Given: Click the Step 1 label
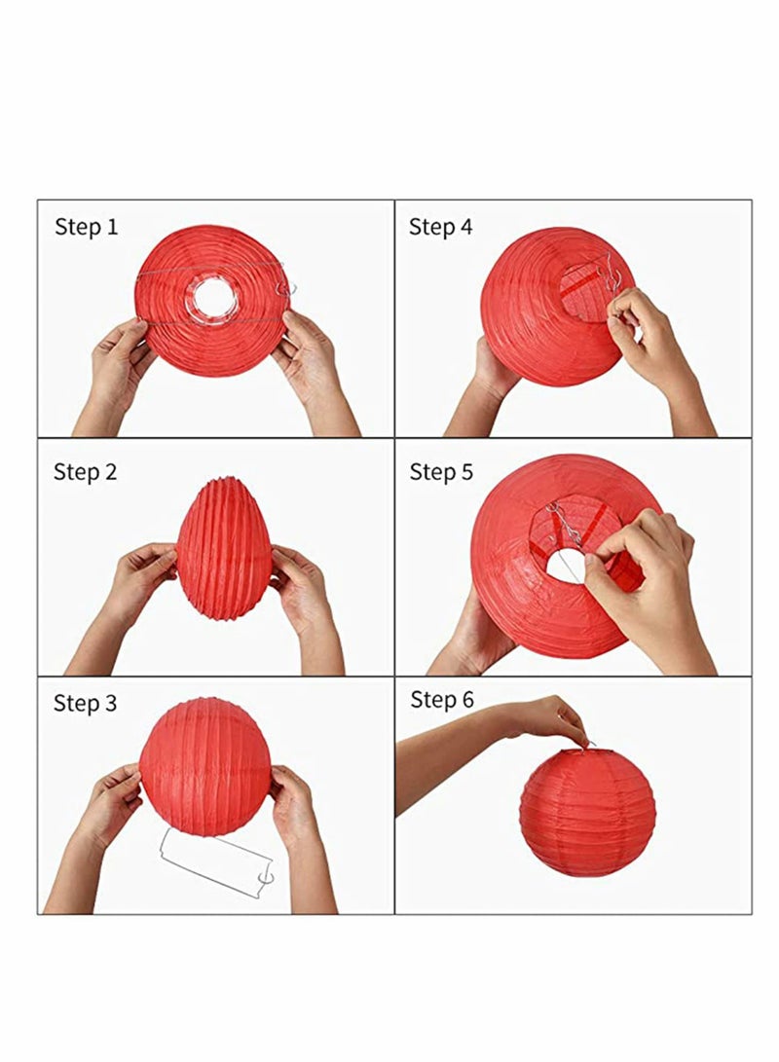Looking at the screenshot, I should pos(86,228).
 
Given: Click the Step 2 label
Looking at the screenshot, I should pos(86,472).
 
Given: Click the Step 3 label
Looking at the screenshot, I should pos(86,703).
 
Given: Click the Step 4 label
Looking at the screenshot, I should pos(440,228).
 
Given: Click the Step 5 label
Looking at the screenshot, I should pos(440,472).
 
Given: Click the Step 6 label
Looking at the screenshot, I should pos(440,700).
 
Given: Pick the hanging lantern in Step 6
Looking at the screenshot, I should pos(586,810).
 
